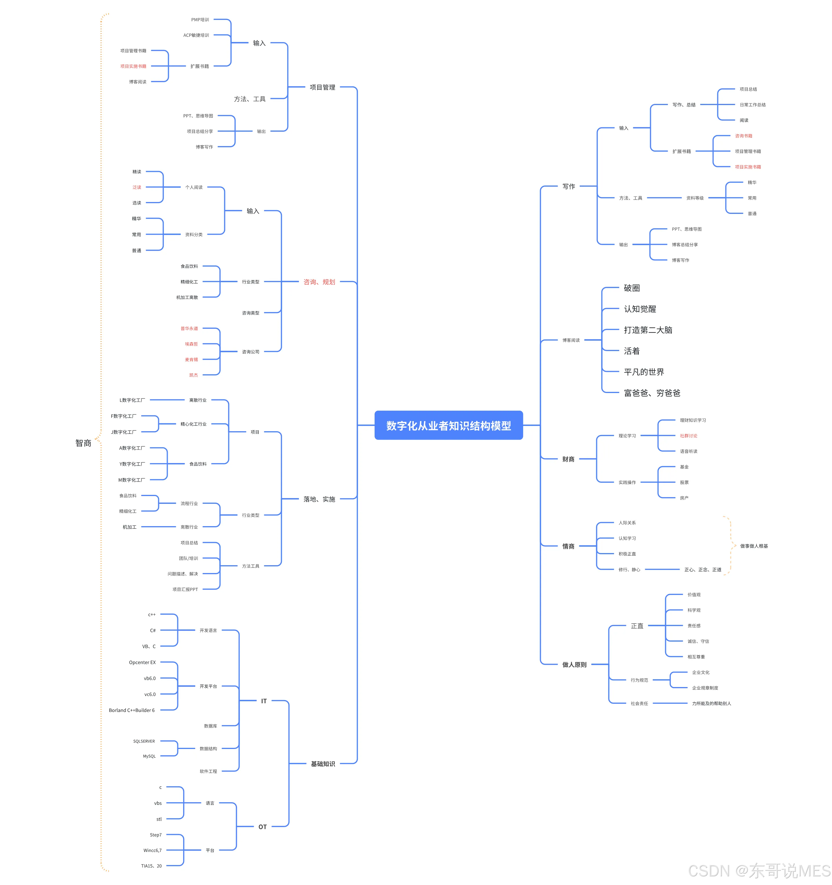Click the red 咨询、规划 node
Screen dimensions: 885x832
point(319,282)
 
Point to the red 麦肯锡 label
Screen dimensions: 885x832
point(191,359)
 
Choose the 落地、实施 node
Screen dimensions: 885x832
point(319,499)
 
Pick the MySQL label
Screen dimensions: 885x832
point(149,756)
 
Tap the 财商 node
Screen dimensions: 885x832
point(568,459)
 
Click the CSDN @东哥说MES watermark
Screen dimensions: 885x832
point(759,871)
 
